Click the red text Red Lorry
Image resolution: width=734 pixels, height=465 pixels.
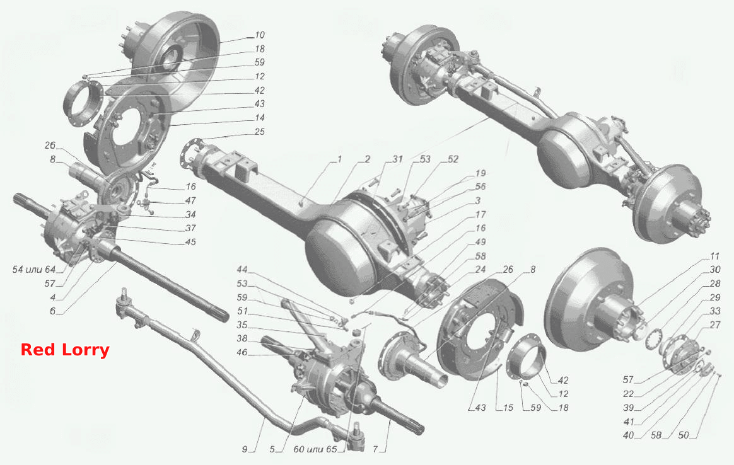pos(65,350)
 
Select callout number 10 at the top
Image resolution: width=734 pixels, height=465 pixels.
pos(259,35)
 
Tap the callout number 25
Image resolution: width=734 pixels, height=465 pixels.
pos(259,132)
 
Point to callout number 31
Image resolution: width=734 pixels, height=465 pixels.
pos(397,159)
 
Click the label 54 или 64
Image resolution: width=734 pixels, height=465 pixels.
pos(33,270)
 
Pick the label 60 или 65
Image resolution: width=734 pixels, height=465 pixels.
pos(315,449)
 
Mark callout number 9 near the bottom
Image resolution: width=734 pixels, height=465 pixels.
pos(245,449)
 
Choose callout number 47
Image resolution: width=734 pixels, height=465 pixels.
pos(190,200)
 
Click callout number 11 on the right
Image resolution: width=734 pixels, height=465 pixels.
pos(714,256)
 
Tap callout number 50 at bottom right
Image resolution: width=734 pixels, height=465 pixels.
pos(684,435)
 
